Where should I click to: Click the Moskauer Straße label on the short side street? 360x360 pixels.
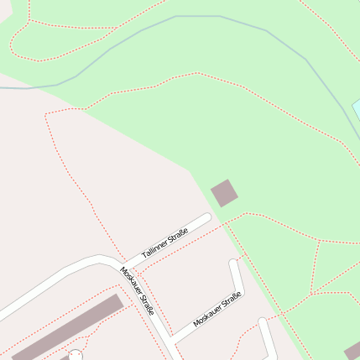coord(217,310)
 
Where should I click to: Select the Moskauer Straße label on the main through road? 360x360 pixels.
coord(137,290)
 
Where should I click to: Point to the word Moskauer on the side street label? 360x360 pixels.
coord(208,316)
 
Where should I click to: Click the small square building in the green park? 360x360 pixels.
coord(224,193)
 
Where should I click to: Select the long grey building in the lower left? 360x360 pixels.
coord(66,327)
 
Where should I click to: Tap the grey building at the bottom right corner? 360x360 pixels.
coord(353,351)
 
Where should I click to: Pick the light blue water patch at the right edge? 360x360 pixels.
coord(356,109)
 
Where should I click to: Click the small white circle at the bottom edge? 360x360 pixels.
coord(75,356)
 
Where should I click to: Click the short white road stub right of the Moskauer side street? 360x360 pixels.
coord(267,331)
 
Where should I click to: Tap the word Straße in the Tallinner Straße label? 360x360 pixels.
coord(176,237)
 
